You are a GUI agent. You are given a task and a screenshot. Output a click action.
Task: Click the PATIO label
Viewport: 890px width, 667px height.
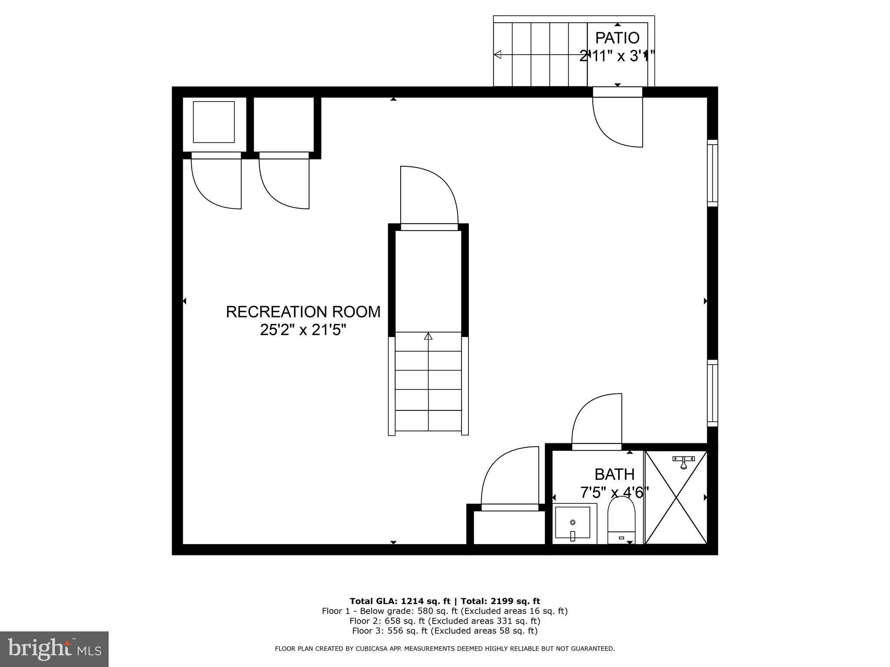617,38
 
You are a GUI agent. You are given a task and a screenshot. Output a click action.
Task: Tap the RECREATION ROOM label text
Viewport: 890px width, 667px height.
303,312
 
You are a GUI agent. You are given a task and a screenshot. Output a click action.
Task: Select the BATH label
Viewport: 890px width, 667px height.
614,474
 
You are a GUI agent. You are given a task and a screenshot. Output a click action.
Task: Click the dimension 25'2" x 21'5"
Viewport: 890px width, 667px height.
303,330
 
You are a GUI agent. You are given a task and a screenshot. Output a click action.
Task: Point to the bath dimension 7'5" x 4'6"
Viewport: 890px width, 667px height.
614,493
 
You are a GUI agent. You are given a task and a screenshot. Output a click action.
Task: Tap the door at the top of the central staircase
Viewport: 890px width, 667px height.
429,198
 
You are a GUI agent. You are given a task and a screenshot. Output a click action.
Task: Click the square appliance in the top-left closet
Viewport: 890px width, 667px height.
214,122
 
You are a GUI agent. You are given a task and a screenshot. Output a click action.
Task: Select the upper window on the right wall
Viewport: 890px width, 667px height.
712,173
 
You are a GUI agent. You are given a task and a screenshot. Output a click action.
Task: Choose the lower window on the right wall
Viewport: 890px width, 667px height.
712,393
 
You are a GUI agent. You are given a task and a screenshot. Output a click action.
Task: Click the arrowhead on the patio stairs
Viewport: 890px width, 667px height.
498,55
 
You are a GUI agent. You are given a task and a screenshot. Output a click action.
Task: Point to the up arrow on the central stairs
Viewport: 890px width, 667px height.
428,336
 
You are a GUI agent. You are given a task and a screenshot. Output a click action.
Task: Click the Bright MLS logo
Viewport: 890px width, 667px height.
54,649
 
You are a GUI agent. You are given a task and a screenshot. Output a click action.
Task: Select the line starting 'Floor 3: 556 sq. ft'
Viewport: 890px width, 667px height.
445,631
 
